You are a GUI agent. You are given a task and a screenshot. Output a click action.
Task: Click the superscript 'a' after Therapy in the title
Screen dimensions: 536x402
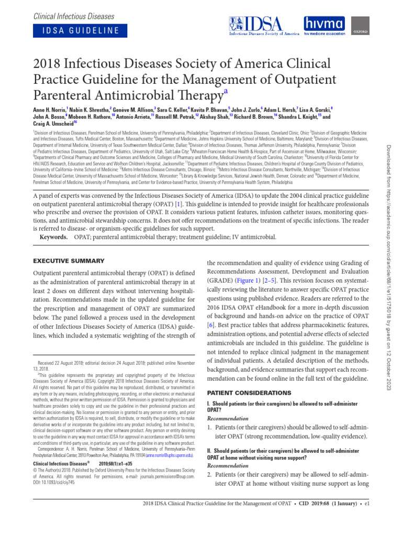coord(226,92)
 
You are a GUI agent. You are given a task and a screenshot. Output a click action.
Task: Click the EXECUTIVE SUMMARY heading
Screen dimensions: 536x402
coord(69,260)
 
